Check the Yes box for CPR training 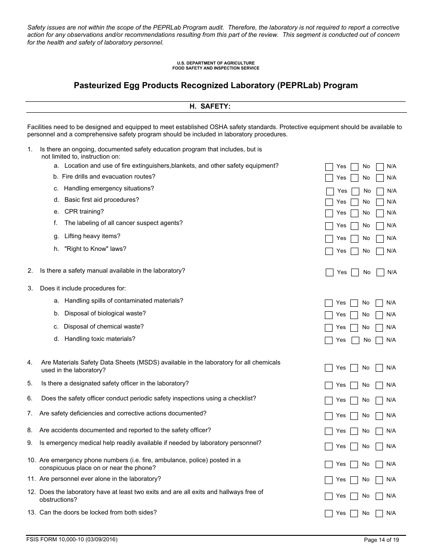329,213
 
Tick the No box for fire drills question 354,178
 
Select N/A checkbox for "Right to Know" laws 380,251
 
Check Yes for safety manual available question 330,273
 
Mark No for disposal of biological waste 354,315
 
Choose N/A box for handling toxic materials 379,340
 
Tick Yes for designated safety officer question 329,385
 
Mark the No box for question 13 354,514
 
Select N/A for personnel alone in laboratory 379,480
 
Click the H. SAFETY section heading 210,106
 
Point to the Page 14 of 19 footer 382,540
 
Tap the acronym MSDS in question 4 148,363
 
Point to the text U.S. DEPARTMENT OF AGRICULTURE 216,63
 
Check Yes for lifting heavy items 329,239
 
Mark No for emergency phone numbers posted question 354,464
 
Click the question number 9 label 30,443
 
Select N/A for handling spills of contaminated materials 379,303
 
